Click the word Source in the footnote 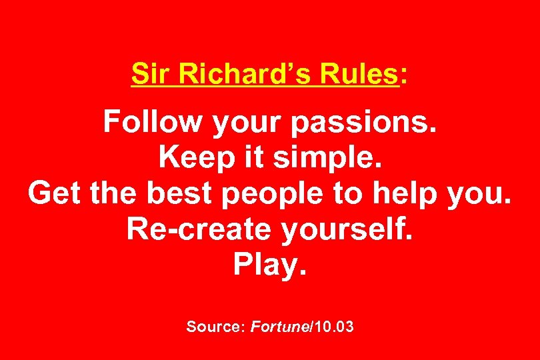click(215, 327)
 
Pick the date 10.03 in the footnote click(334, 327)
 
